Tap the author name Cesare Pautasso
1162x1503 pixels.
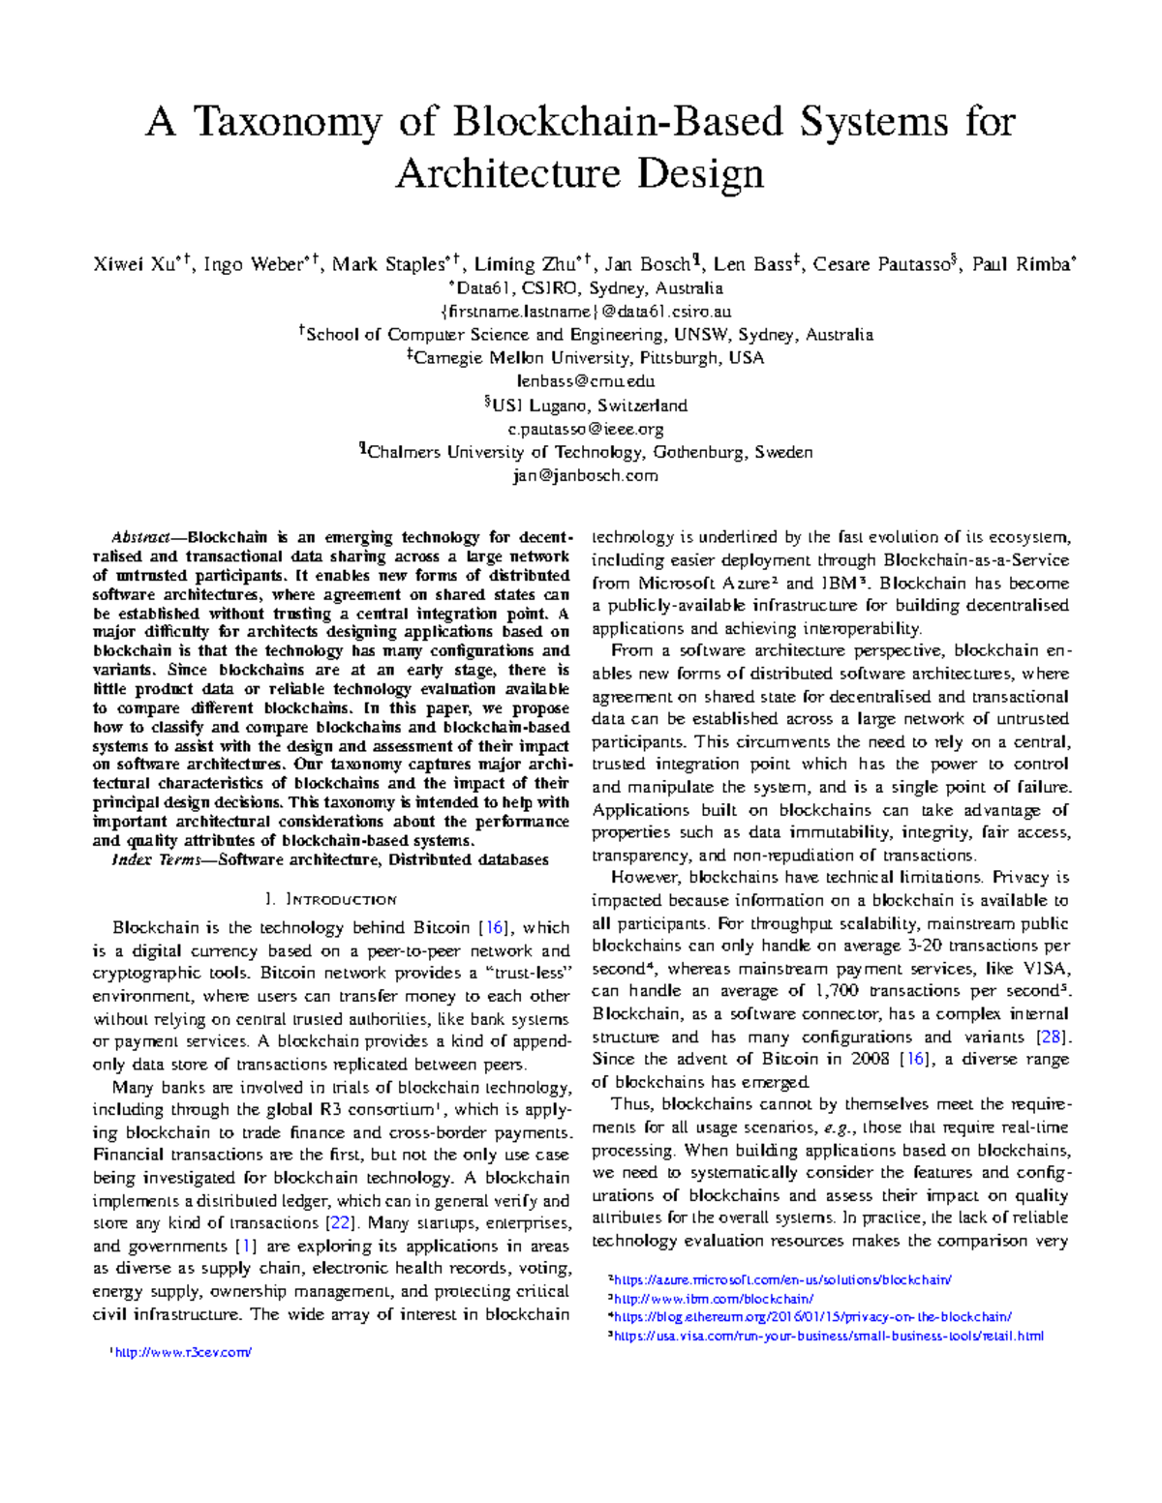tap(881, 264)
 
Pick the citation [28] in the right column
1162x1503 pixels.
tap(1051, 1037)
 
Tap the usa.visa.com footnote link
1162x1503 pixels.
tap(829, 1337)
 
